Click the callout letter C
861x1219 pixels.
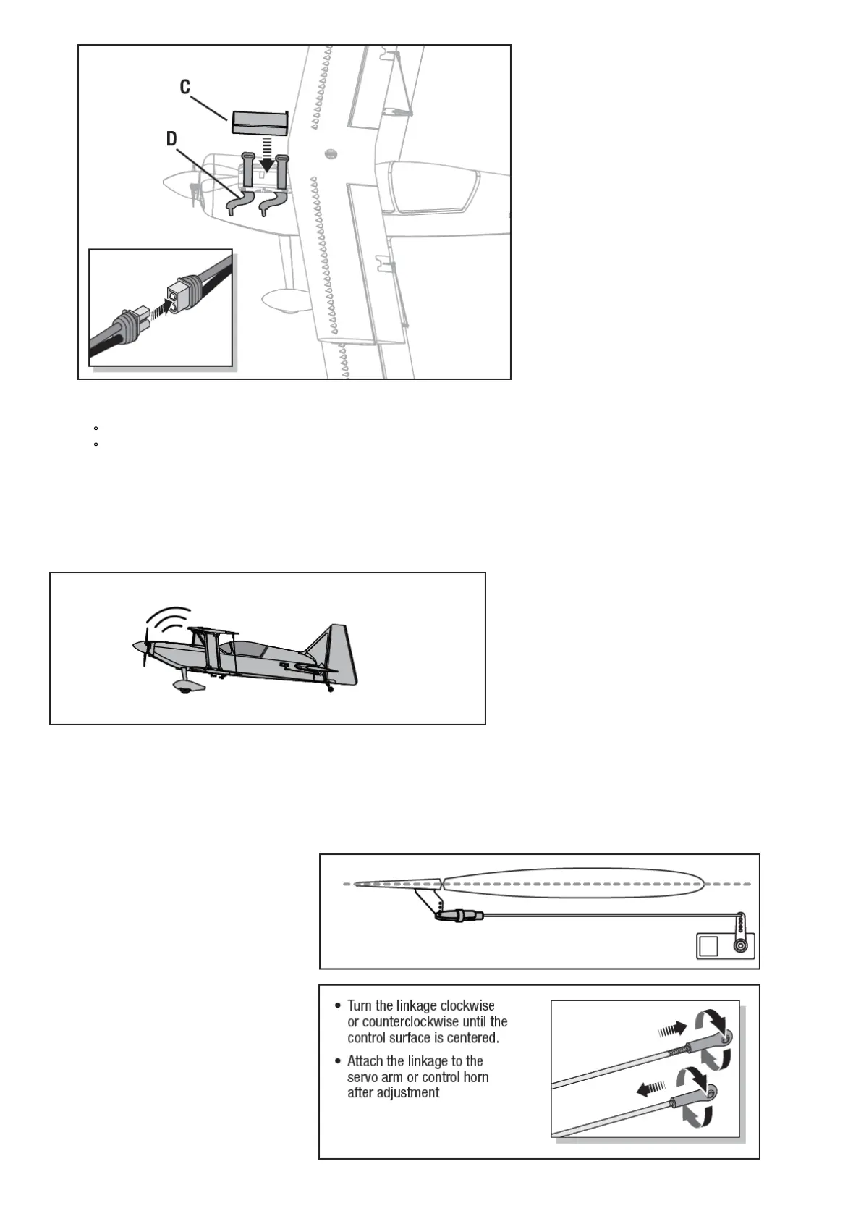[x=185, y=88]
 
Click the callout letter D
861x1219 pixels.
[x=172, y=138]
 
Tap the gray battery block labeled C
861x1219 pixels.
[x=260, y=122]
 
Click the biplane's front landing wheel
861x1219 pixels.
[x=184, y=691]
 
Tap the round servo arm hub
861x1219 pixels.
[x=740, y=945]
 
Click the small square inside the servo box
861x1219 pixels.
[x=709, y=945]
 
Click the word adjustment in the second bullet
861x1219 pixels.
[x=404, y=1092]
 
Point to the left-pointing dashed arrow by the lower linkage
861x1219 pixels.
[x=650, y=1087]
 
